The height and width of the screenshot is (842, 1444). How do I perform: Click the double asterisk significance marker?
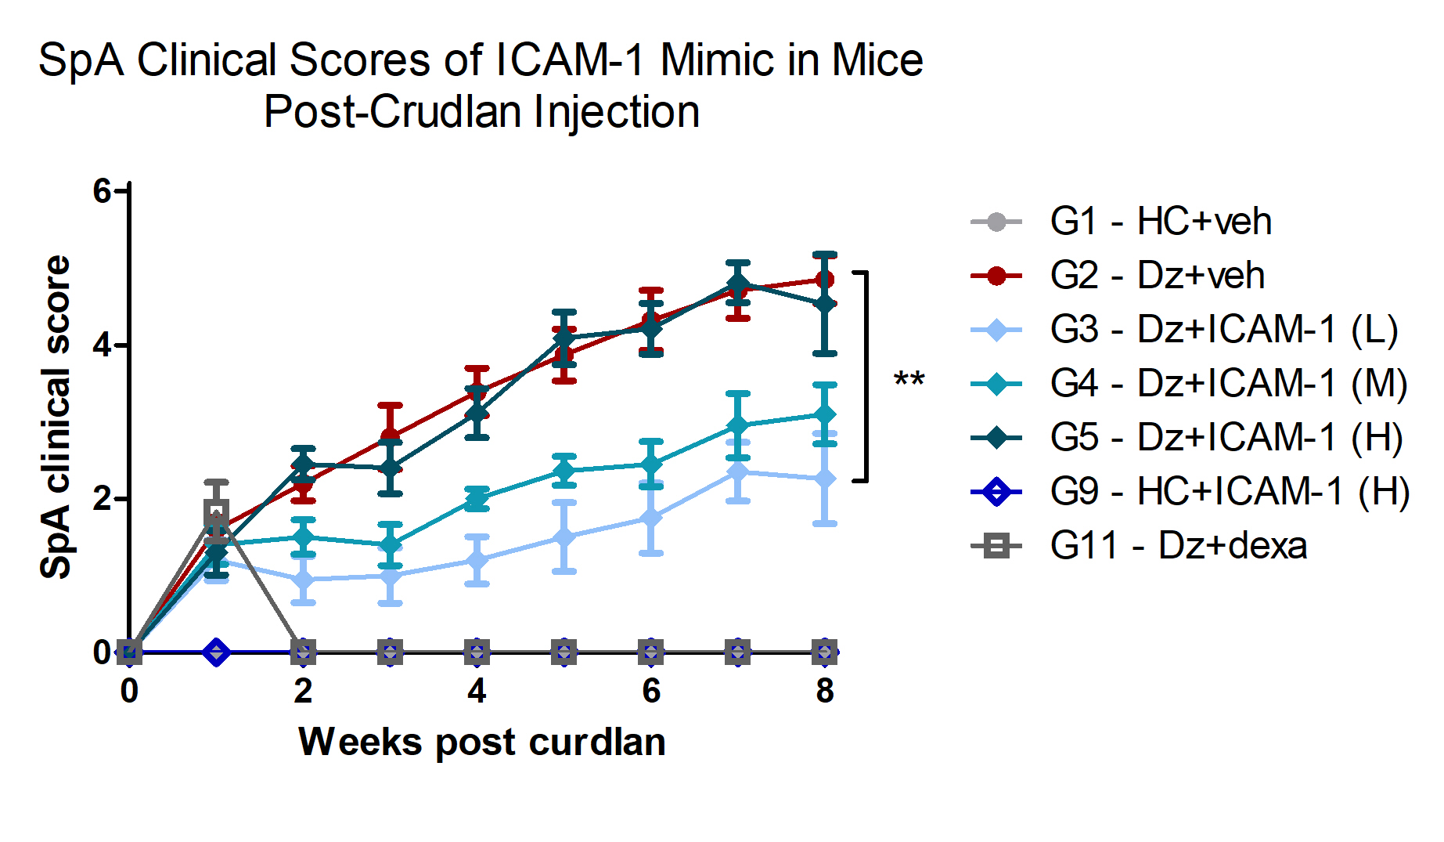click(909, 380)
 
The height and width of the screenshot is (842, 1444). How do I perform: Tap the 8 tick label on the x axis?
click(825, 691)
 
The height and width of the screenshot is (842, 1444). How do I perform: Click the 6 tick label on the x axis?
click(651, 691)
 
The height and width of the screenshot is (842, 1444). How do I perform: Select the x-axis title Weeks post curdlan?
click(482, 742)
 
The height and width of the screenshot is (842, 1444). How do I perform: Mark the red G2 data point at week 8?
click(825, 280)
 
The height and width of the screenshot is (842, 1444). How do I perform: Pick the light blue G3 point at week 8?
click(825, 479)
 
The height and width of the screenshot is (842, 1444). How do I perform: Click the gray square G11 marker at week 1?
click(217, 513)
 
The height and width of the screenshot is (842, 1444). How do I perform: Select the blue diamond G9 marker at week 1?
click(217, 652)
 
